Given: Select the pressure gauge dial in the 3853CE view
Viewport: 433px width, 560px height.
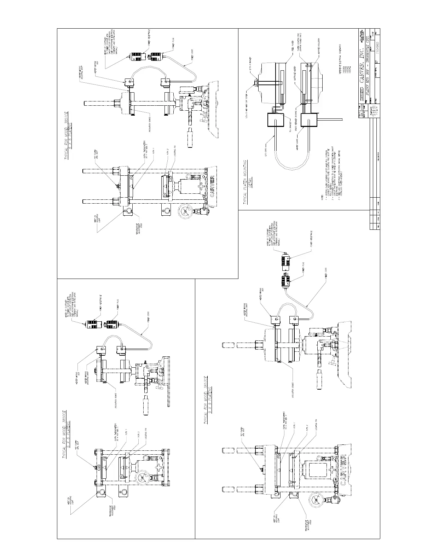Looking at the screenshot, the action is click(316, 502).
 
